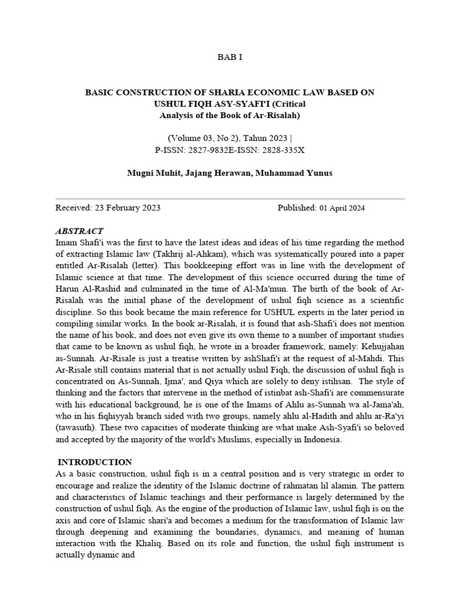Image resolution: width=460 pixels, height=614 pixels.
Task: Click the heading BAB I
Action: (x=229, y=57)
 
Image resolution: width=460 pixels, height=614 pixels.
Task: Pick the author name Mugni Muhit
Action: (x=153, y=173)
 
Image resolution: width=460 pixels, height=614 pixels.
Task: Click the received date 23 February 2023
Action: (x=127, y=207)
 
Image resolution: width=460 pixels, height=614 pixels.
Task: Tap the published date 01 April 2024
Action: (x=341, y=208)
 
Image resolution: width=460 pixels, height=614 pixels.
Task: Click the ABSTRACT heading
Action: (x=79, y=231)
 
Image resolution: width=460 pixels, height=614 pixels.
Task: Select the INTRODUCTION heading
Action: (x=95, y=462)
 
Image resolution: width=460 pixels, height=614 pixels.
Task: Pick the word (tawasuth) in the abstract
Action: (x=78, y=428)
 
